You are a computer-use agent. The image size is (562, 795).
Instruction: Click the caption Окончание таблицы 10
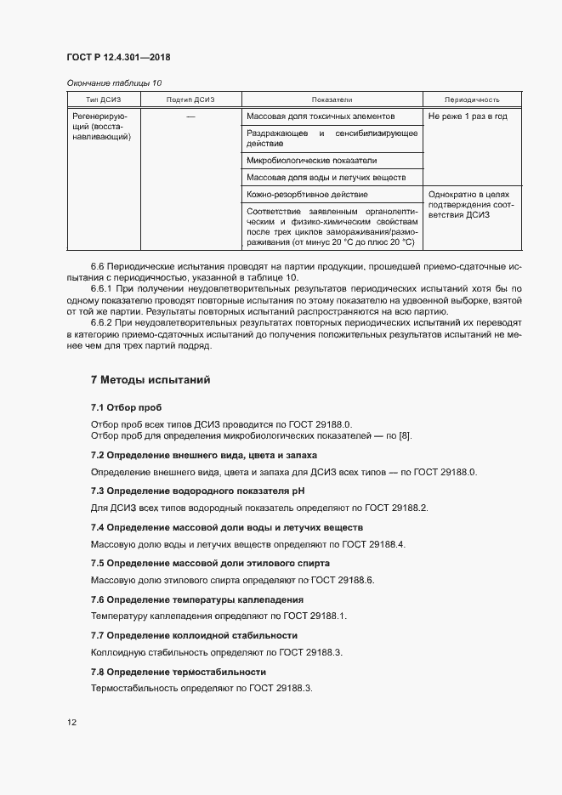coord(114,83)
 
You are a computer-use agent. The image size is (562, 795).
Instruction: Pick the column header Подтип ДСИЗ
coord(190,99)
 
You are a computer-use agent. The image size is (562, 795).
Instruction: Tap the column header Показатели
coord(332,99)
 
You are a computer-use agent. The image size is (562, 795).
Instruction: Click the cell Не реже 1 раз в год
coord(468,116)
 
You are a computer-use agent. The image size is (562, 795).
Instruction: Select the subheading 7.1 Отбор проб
coord(126,408)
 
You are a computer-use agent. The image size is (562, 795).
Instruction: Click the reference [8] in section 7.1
coord(405,436)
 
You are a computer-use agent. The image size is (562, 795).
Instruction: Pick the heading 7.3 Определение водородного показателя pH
coord(197,491)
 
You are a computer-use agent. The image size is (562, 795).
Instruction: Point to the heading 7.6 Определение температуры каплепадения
coord(196,599)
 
